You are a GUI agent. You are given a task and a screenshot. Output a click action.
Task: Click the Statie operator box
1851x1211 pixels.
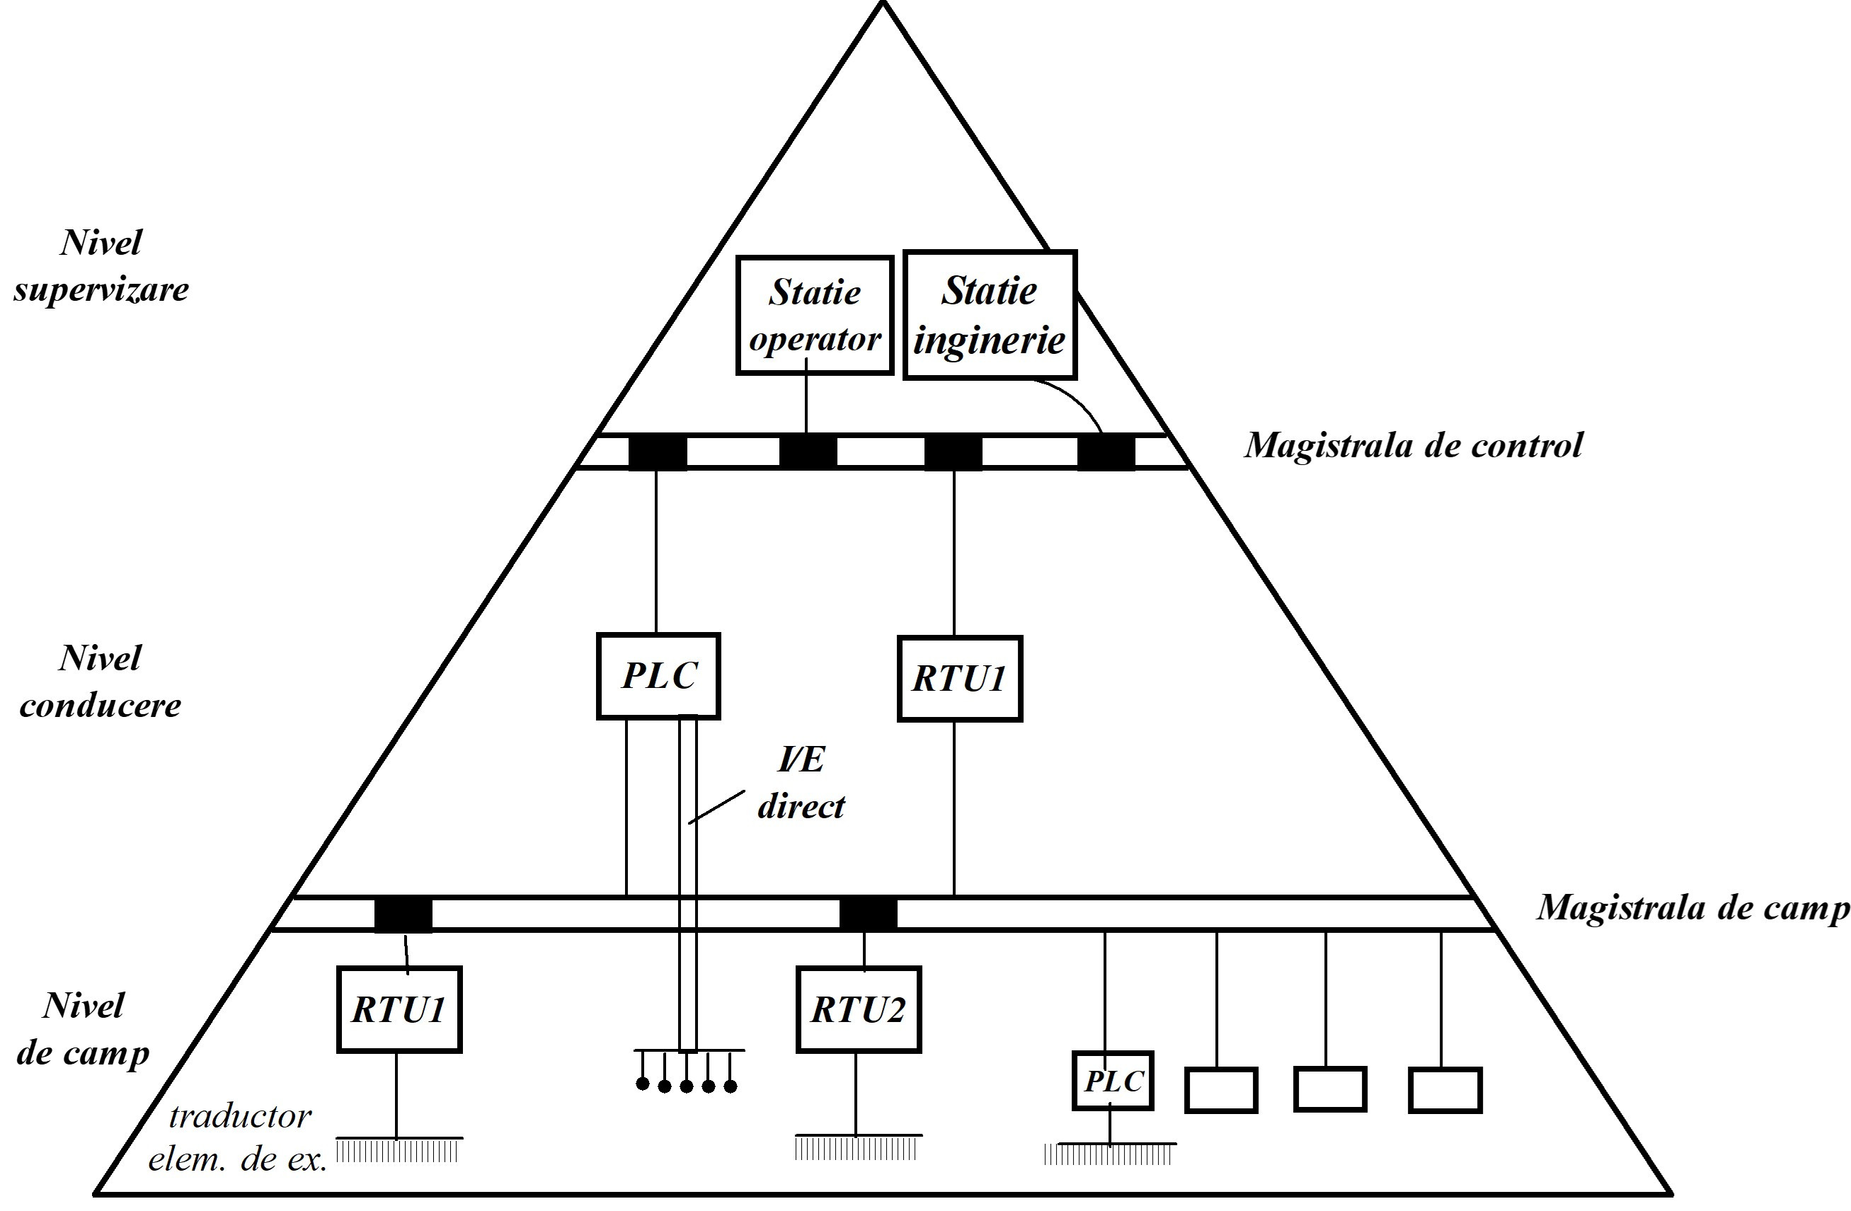click(x=814, y=316)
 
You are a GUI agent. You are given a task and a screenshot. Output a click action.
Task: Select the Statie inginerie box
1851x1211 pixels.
click(x=990, y=315)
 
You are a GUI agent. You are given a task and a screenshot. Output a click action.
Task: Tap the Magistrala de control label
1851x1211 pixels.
click(x=1413, y=446)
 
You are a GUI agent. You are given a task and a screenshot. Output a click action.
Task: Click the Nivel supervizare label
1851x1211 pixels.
click(x=101, y=266)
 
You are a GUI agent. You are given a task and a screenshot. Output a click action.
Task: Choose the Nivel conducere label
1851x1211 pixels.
click(x=101, y=682)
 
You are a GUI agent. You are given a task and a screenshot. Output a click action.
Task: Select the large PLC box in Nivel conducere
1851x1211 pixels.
click(x=658, y=675)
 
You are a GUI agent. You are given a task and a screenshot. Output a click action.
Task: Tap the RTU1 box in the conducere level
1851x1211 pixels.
click(x=959, y=678)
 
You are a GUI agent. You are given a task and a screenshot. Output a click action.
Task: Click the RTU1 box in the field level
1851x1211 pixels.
click(x=399, y=1009)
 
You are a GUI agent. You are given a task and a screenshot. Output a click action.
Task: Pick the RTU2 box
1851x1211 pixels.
click(x=859, y=1009)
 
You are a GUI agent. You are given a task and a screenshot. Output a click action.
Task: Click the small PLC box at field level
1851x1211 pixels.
click(x=1112, y=1081)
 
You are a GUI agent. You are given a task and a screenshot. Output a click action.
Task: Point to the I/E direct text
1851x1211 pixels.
click(x=801, y=784)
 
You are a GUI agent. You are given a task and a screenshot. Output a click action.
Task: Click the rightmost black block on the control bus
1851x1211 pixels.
click(x=1106, y=452)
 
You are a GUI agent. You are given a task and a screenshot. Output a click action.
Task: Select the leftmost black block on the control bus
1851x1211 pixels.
click(x=657, y=452)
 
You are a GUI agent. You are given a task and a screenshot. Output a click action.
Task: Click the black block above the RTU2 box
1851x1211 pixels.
click(x=868, y=914)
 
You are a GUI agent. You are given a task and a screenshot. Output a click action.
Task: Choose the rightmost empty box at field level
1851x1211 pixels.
click(x=1445, y=1090)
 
